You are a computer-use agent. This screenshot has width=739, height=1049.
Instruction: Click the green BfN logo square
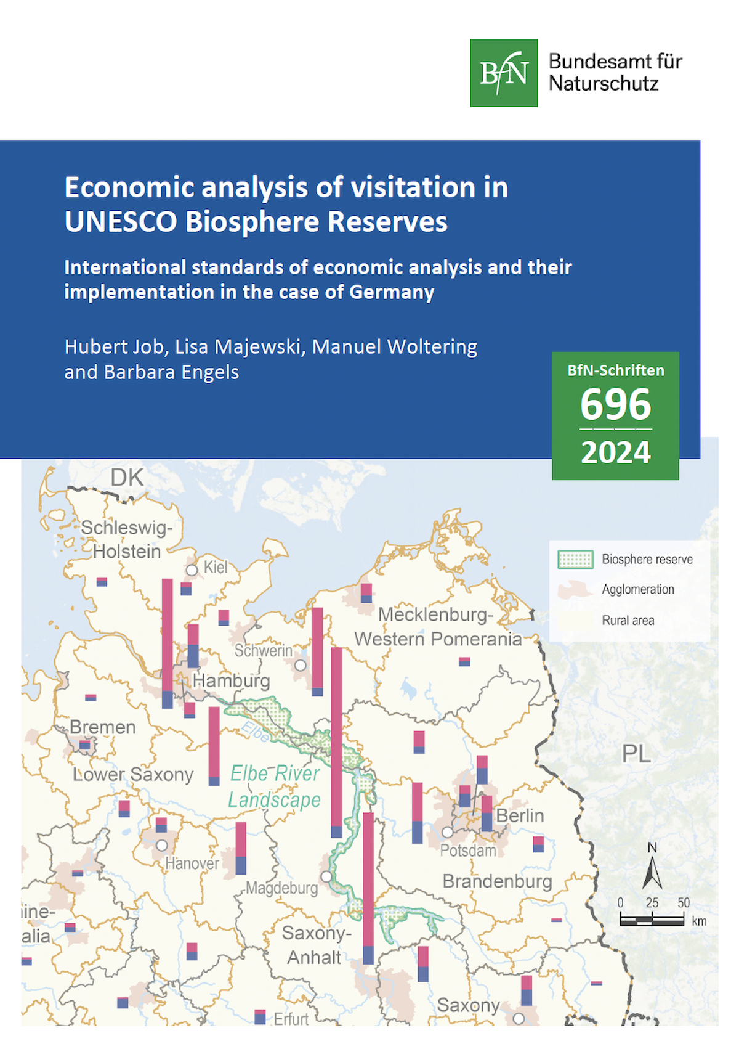click(x=503, y=73)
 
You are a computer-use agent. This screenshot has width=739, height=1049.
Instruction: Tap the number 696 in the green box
click(x=615, y=404)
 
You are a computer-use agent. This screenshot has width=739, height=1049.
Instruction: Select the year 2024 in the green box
click(x=615, y=453)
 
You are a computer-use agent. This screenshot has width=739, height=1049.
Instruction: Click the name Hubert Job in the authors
click(x=115, y=347)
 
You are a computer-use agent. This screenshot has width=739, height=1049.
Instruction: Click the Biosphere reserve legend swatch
click(x=575, y=559)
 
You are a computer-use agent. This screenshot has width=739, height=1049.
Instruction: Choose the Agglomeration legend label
click(x=638, y=589)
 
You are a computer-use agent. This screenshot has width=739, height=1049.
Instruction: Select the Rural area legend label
click(x=628, y=620)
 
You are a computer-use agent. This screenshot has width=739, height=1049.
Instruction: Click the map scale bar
click(x=652, y=921)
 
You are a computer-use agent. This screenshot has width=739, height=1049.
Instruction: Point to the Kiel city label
click(x=216, y=567)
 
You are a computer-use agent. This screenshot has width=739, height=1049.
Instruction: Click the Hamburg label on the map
click(x=231, y=681)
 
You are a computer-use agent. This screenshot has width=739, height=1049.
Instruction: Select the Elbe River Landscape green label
click(x=275, y=786)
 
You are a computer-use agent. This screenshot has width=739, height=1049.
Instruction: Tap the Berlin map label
click(x=520, y=815)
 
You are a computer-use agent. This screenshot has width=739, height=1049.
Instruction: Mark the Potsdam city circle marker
click(x=448, y=832)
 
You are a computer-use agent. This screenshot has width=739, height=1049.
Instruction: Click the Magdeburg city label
click(x=282, y=888)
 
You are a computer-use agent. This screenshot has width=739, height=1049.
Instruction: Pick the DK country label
click(x=127, y=478)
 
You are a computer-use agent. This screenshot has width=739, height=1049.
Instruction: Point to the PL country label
click(x=636, y=753)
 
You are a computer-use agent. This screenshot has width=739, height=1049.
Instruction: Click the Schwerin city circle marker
click(x=301, y=666)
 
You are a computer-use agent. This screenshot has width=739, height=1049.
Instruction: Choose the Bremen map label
click(x=102, y=727)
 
